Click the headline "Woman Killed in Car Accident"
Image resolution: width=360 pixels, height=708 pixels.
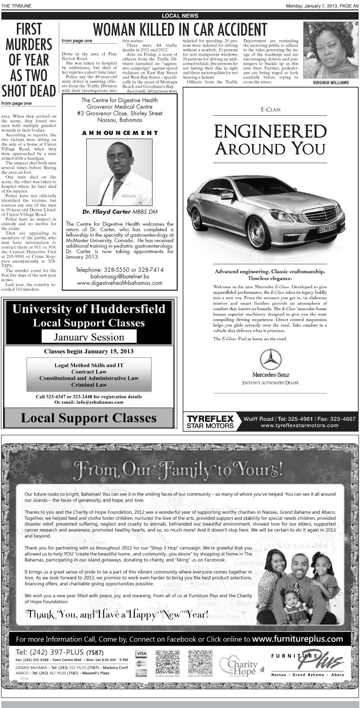pos(180,30)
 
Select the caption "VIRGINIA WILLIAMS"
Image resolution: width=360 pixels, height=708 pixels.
pos(331,83)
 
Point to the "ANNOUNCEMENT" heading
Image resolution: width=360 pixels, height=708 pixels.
pos(120,133)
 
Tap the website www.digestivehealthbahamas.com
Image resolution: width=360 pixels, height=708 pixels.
pos(120,283)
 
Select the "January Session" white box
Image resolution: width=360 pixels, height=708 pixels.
pos(89,337)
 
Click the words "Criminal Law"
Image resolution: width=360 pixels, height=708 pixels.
pos(89,385)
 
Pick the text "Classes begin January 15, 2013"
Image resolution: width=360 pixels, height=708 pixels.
pos(89,351)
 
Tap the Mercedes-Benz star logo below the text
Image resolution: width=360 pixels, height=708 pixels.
pos(270,359)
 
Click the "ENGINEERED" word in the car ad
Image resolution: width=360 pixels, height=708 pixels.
pos(270,131)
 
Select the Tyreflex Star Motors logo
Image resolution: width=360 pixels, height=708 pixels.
pos(210,421)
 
